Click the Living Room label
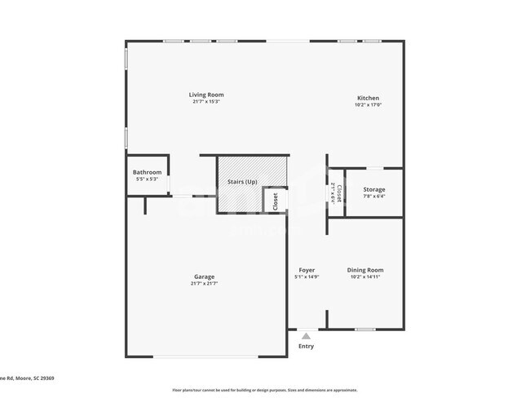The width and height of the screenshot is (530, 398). pyautogui.click(x=207, y=95)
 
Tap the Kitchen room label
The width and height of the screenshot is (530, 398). pyautogui.click(x=368, y=98)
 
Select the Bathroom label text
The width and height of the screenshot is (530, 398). pyautogui.click(x=147, y=172)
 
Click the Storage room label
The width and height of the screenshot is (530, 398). pyautogui.click(x=374, y=189)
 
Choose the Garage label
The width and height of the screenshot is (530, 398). pyautogui.click(x=204, y=276)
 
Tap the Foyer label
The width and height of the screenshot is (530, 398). pyautogui.click(x=307, y=270)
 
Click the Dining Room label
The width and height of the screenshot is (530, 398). pyautogui.click(x=364, y=270)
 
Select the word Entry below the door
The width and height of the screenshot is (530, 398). pyautogui.click(x=306, y=347)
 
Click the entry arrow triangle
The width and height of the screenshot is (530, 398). pyautogui.click(x=306, y=335)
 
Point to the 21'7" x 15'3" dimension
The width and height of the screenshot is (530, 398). pyautogui.click(x=207, y=102)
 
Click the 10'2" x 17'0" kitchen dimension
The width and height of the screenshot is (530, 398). pyautogui.click(x=368, y=104)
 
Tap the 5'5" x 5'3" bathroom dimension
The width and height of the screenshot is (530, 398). pyautogui.click(x=147, y=179)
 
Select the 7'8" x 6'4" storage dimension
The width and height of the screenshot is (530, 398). pyautogui.click(x=374, y=196)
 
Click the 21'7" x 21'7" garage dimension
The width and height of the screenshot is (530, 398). pyautogui.click(x=204, y=283)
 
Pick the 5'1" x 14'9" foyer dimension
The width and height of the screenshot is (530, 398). pyautogui.click(x=307, y=276)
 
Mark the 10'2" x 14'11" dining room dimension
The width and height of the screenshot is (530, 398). pyautogui.click(x=364, y=276)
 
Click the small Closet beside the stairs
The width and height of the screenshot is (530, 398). pyautogui.click(x=275, y=201)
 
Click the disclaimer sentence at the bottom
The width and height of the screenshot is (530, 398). pyautogui.click(x=264, y=390)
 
